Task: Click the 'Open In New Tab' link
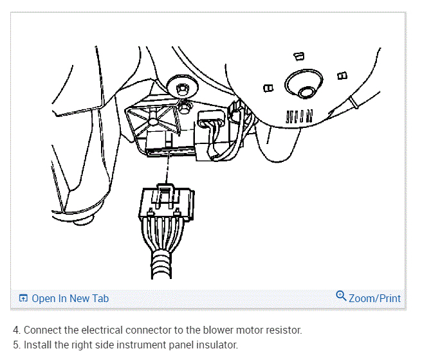click(x=70, y=298)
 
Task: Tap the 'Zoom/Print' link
click(x=374, y=298)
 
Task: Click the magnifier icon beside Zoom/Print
click(x=342, y=296)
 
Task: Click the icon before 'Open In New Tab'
click(x=24, y=298)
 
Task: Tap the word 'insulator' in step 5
click(x=216, y=345)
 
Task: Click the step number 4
click(x=15, y=330)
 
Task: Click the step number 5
click(x=15, y=345)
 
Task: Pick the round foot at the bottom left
click(x=80, y=221)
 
